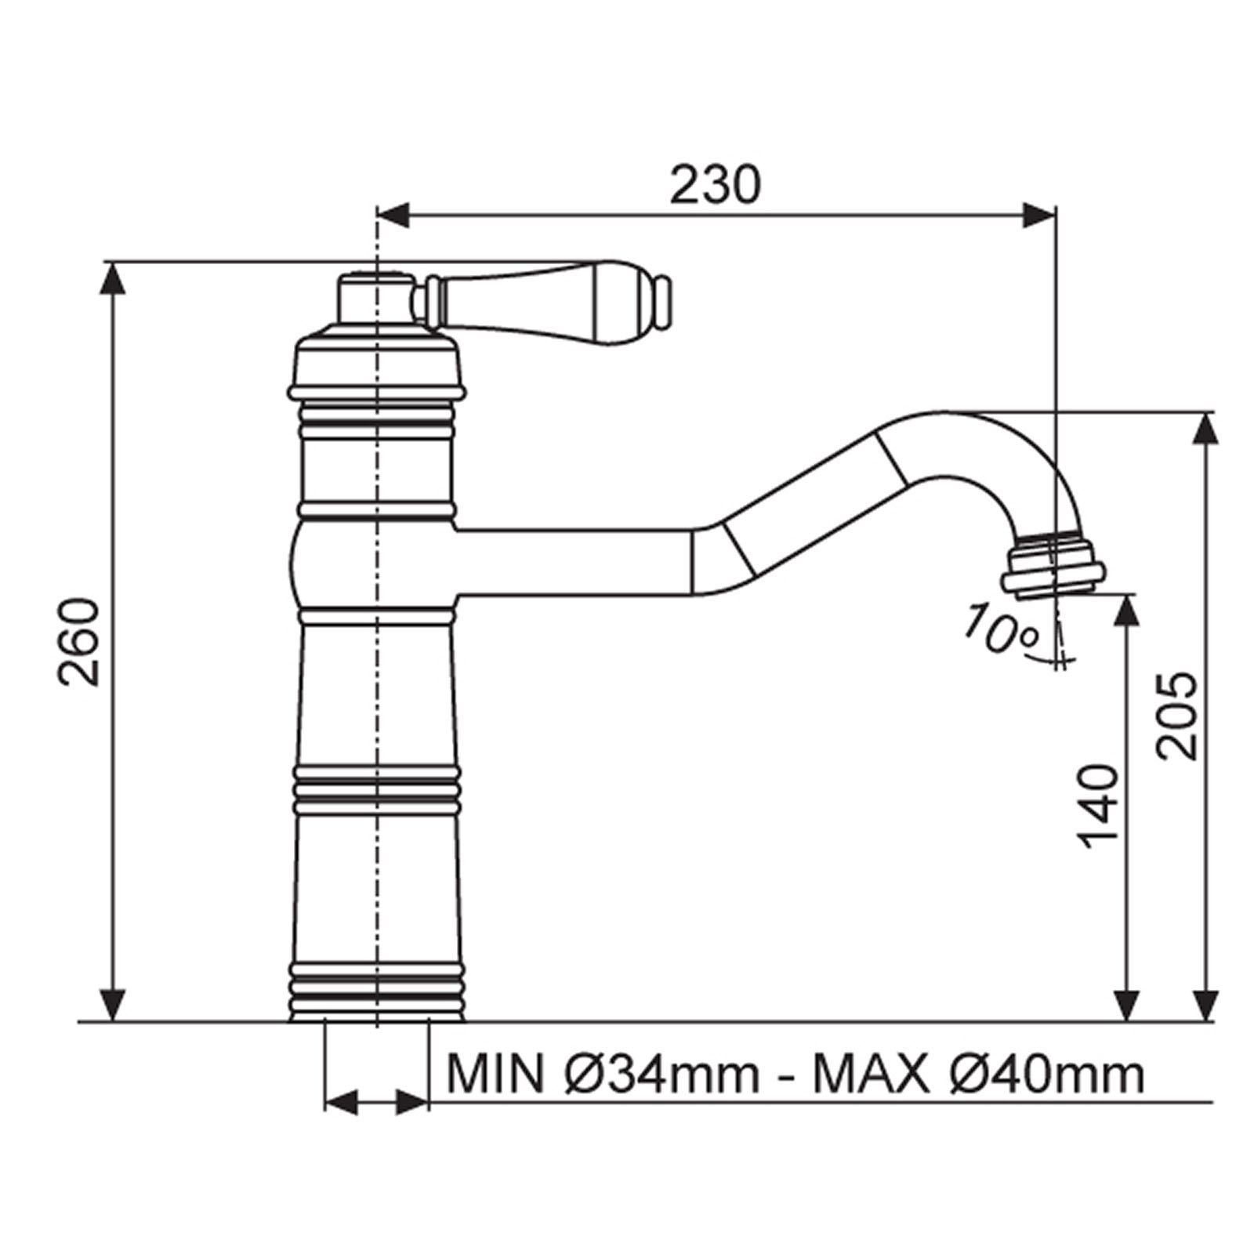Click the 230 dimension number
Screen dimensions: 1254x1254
715,186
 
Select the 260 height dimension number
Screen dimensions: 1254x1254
80,643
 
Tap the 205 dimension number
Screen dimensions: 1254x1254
1177,715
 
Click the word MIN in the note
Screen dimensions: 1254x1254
494,1075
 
